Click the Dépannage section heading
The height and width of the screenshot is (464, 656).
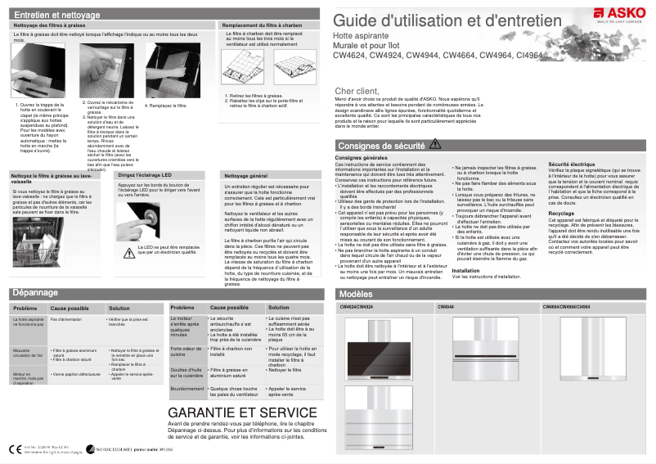coord(35,292)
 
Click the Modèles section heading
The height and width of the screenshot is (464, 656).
coord(356,294)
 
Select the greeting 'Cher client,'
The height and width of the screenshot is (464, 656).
coord(357,91)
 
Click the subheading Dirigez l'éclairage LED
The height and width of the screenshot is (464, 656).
coord(145,175)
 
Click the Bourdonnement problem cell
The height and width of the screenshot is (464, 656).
coord(186,389)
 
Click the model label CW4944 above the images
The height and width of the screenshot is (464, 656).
coord(446,307)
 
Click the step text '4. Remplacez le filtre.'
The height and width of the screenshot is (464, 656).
coord(166,106)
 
